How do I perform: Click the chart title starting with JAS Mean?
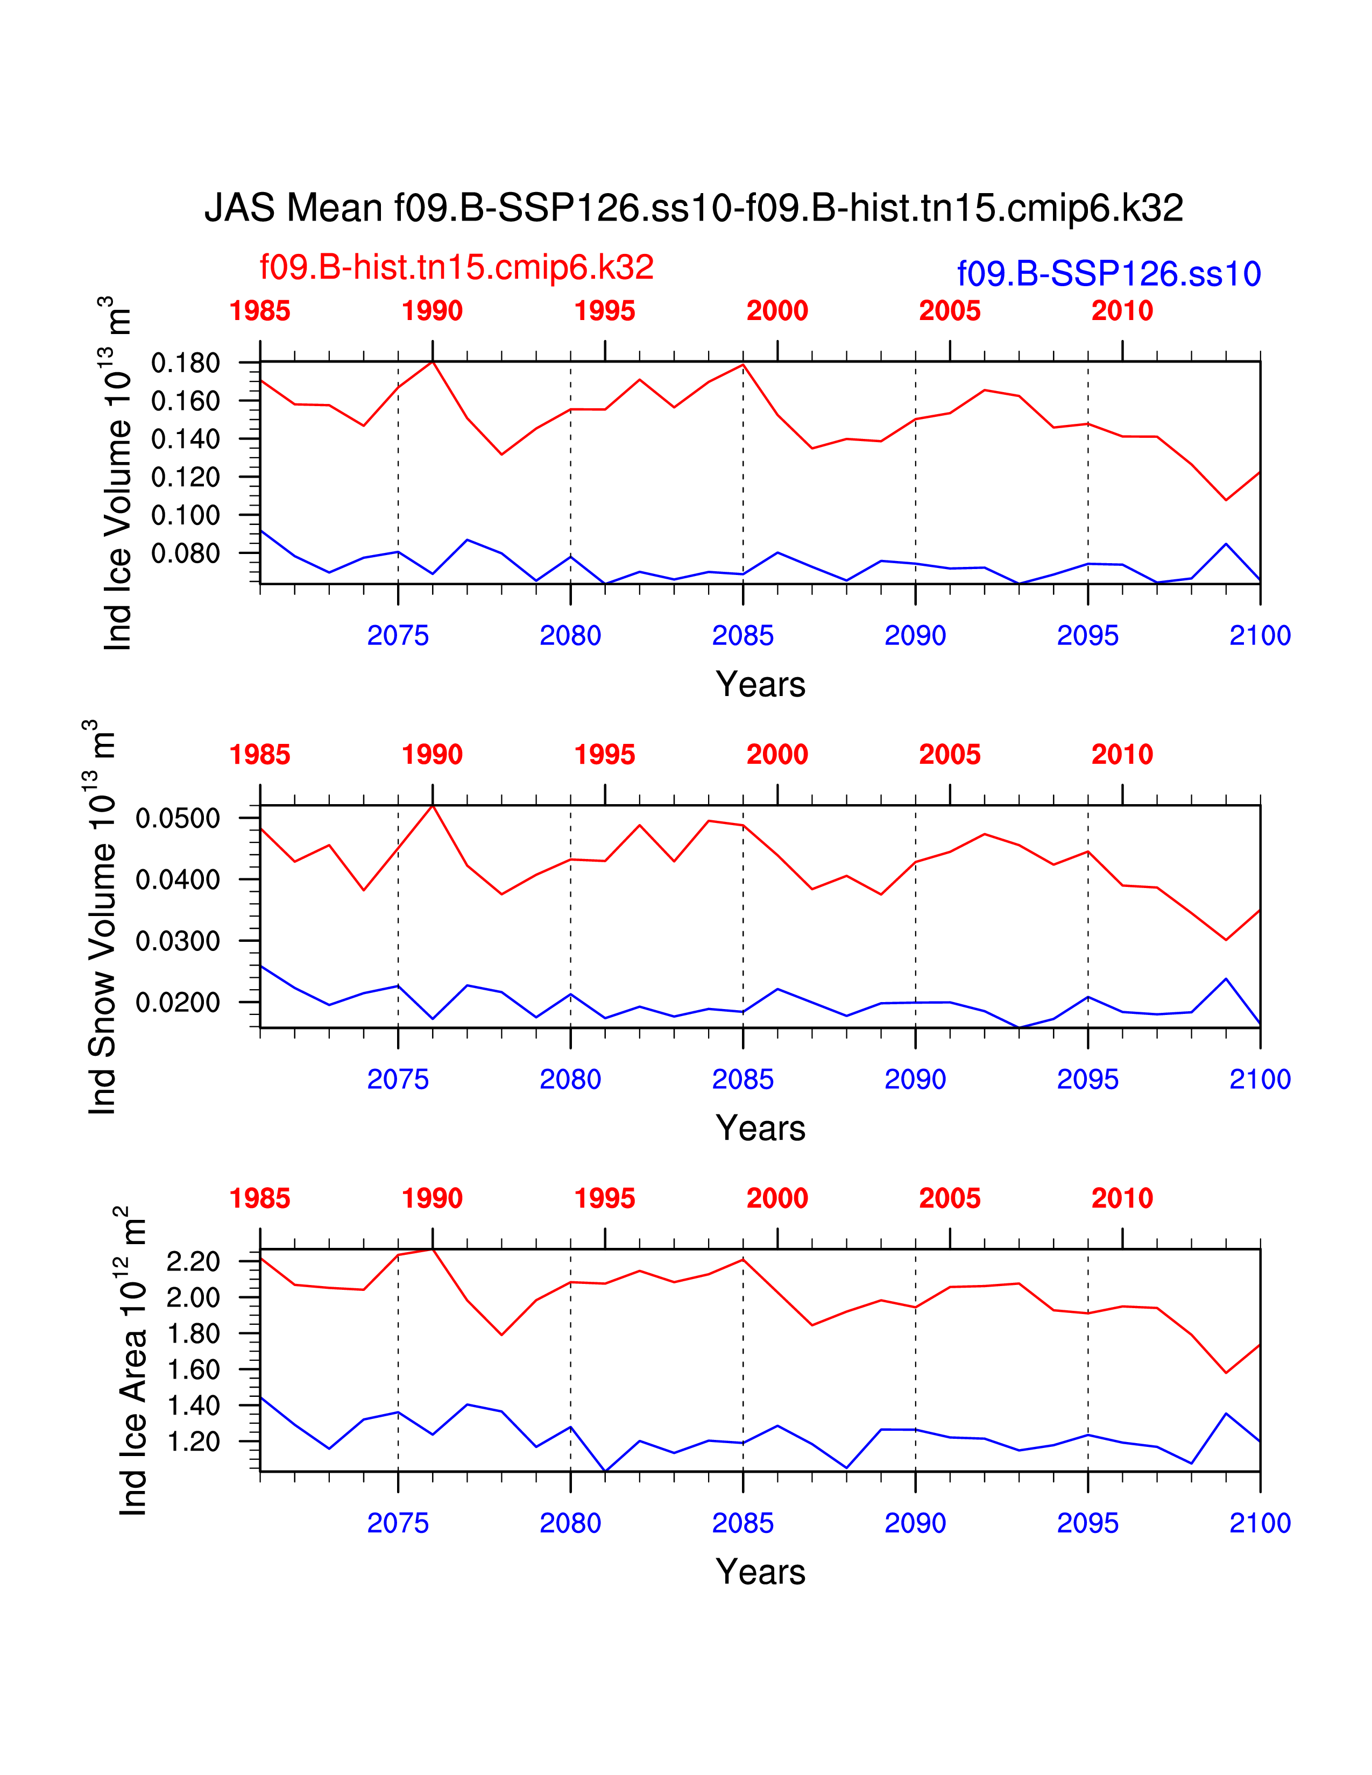click(x=694, y=208)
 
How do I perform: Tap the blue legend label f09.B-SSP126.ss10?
click(x=1109, y=274)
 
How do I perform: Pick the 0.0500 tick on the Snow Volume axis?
click(x=178, y=818)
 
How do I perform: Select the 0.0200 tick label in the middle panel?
click(x=178, y=1002)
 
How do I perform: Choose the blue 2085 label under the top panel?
click(x=743, y=636)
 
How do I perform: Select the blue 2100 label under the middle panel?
click(x=1260, y=1080)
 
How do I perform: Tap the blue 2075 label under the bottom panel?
click(x=398, y=1523)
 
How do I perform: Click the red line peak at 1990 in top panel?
click(x=433, y=361)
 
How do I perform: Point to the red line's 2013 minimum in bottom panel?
click(x=1226, y=1373)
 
